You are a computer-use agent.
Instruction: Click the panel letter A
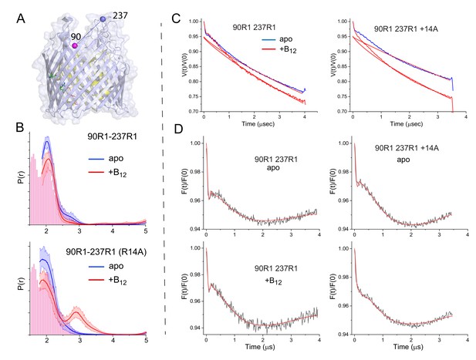(x=21, y=19)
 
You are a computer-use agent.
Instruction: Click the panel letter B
(x=20, y=128)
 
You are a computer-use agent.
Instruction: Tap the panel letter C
(x=176, y=19)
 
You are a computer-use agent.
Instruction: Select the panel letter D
(x=179, y=130)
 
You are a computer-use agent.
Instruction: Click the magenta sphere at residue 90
(x=74, y=45)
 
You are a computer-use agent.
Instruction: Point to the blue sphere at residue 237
(x=103, y=19)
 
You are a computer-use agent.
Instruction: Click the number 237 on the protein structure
(x=120, y=15)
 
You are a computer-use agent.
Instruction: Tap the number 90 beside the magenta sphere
(x=76, y=37)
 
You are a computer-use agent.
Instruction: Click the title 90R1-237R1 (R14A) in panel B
(x=106, y=252)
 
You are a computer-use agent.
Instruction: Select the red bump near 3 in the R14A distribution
(x=76, y=311)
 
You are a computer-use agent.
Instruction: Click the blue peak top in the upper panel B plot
(x=46, y=141)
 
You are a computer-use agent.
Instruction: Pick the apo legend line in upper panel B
(x=96, y=159)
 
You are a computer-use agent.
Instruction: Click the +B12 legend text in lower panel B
(x=117, y=281)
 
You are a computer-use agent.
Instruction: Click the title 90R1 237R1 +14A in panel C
(x=406, y=29)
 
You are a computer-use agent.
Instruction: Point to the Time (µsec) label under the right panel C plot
(x=406, y=124)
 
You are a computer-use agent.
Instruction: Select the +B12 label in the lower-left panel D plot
(x=274, y=281)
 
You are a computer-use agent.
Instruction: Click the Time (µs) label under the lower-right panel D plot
(x=408, y=346)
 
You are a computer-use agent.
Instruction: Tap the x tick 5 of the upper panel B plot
(x=146, y=230)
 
